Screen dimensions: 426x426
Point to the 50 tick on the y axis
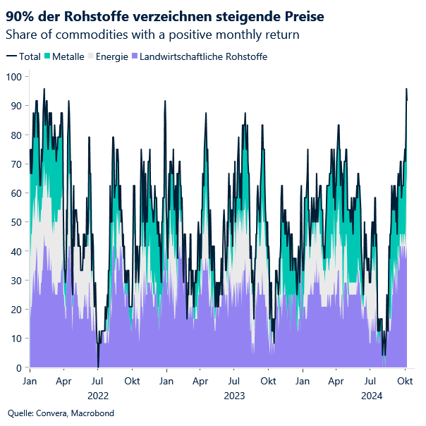(14, 221)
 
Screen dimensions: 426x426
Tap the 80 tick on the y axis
(14, 134)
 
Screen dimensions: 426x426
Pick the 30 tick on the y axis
(14, 280)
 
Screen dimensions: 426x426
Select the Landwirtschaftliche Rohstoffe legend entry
(204, 56)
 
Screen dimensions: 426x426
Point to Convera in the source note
(53, 413)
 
